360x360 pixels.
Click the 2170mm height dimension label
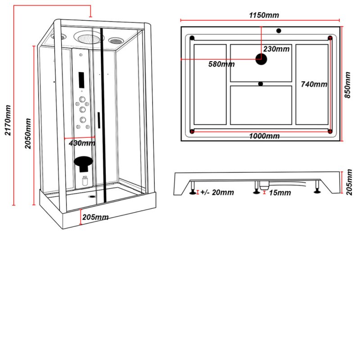point(7,120)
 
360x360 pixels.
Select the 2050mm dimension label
point(28,133)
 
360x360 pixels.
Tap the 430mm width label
point(82,144)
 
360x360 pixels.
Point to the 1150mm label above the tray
point(264,15)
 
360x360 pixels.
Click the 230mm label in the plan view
point(276,49)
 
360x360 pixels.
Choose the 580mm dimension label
point(221,64)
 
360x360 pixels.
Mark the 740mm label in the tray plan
point(314,84)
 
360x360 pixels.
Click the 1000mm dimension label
point(264,136)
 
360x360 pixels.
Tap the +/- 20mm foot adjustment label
point(217,193)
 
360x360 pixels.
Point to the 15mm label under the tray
point(280,193)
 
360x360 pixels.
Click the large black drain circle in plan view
point(261,58)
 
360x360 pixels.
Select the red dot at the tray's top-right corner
point(330,37)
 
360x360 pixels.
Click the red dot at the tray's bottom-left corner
point(193,131)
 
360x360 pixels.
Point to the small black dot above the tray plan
point(278,31)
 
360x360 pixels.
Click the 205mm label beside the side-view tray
point(349,182)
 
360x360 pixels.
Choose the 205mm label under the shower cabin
point(95,217)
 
